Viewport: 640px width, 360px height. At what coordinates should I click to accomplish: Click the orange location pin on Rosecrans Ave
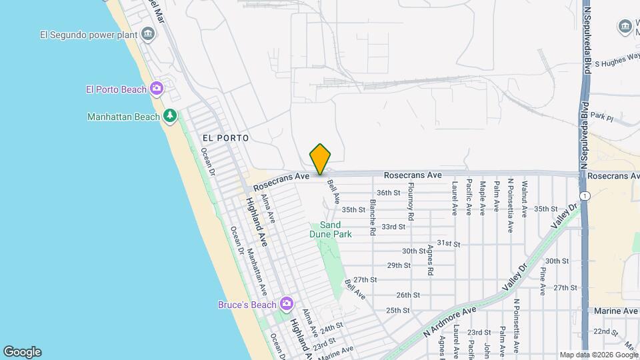click(320, 159)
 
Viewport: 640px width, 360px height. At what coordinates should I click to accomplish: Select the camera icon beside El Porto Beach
click(157, 88)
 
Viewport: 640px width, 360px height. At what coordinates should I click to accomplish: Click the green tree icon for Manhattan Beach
click(170, 117)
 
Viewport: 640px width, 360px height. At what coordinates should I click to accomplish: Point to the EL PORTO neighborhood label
click(225, 138)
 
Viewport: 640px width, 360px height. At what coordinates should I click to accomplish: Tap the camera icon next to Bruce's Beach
click(287, 305)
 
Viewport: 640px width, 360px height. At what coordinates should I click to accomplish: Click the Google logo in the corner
click(22, 352)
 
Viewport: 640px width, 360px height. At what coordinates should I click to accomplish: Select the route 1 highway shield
click(584, 195)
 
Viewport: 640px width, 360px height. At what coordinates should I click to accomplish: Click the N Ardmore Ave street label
click(451, 319)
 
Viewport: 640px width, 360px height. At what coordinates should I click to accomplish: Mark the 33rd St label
click(393, 227)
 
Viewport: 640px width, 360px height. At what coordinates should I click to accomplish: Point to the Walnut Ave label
click(525, 199)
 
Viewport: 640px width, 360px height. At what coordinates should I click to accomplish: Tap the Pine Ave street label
click(543, 281)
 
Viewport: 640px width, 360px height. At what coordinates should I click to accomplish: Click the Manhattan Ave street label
click(257, 272)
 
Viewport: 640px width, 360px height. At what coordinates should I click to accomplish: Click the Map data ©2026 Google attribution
click(597, 355)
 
